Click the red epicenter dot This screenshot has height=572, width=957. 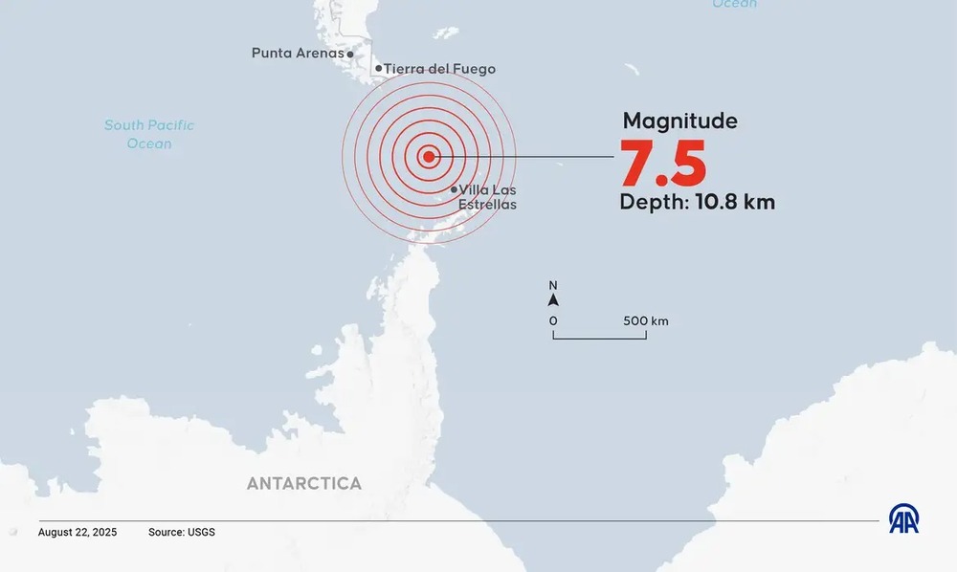click(429, 157)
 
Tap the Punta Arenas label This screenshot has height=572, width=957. click(297, 54)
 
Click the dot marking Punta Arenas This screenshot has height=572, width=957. click(350, 55)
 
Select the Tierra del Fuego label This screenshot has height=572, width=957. click(440, 69)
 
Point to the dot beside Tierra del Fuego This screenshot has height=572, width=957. click(378, 69)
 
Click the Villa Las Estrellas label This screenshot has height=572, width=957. click(487, 197)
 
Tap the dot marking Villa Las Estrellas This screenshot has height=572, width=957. click(454, 189)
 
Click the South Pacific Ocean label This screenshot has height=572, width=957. click(149, 134)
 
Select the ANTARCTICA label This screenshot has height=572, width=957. click(304, 483)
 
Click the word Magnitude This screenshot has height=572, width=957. click(679, 121)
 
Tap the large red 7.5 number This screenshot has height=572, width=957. click(663, 164)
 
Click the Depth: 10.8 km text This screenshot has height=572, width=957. click(697, 202)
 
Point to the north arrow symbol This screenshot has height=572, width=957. click(553, 300)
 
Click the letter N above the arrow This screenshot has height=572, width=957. click(553, 285)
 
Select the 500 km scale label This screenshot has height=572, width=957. click(646, 320)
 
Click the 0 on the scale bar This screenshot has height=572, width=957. click(553, 320)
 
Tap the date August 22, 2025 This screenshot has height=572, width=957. click(78, 532)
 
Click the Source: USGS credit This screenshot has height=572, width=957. click(182, 532)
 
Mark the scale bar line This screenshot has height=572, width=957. click(599, 338)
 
